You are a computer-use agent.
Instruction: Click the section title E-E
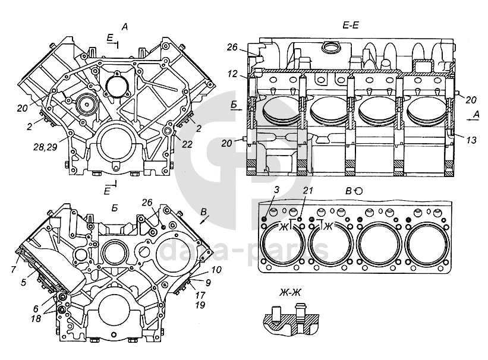(351, 25)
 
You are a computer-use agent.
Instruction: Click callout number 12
(232, 74)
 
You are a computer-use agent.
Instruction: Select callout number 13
(471, 140)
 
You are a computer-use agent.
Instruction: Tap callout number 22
(187, 144)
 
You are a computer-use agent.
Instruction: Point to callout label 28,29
(45, 147)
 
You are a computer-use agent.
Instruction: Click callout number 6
(36, 308)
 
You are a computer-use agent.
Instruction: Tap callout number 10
(216, 270)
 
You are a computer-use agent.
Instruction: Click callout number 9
(208, 282)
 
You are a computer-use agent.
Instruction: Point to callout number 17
(200, 295)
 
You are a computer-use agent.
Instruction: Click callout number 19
(200, 305)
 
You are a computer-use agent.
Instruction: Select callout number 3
(276, 190)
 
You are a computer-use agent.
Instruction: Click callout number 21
(308, 190)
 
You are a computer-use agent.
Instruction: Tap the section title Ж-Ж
(290, 292)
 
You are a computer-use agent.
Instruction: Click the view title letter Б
(115, 209)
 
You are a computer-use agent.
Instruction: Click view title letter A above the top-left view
(125, 27)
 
